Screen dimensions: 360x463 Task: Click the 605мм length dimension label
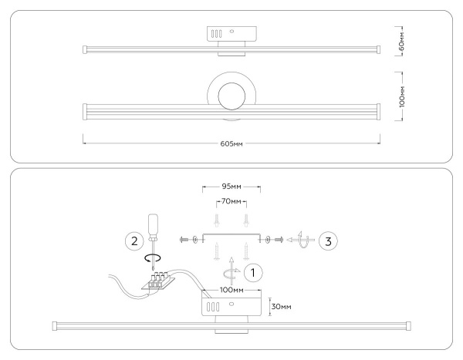click(231, 143)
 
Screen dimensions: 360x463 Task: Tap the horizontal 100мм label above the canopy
click(231, 291)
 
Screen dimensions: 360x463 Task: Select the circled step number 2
click(133, 240)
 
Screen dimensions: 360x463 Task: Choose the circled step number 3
click(327, 240)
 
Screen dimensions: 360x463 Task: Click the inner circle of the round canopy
click(231, 98)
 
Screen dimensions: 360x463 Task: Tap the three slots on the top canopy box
click(217, 34)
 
